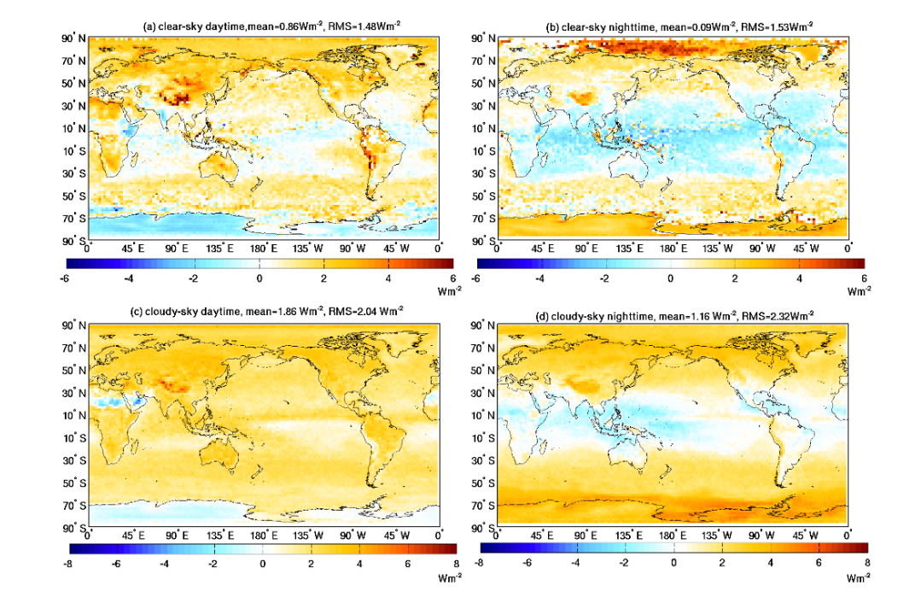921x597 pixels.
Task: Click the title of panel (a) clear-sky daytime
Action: [x=271, y=27]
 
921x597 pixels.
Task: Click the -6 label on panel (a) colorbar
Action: [x=67, y=278]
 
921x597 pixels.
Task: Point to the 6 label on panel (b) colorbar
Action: [x=863, y=278]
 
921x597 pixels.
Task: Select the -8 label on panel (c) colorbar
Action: [x=69, y=565]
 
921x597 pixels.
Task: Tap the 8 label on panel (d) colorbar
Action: [x=867, y=565]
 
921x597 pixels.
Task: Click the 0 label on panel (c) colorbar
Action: [x=263, y=565]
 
